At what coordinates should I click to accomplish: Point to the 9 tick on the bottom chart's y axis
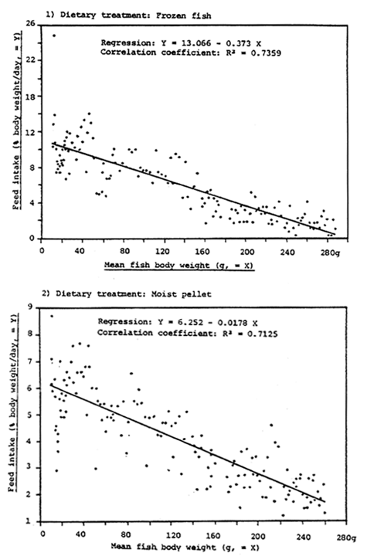tap(32, 308)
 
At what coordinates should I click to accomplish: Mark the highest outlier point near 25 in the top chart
tap(53, 36)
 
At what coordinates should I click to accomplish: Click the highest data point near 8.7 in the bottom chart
tap(51, 316)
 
